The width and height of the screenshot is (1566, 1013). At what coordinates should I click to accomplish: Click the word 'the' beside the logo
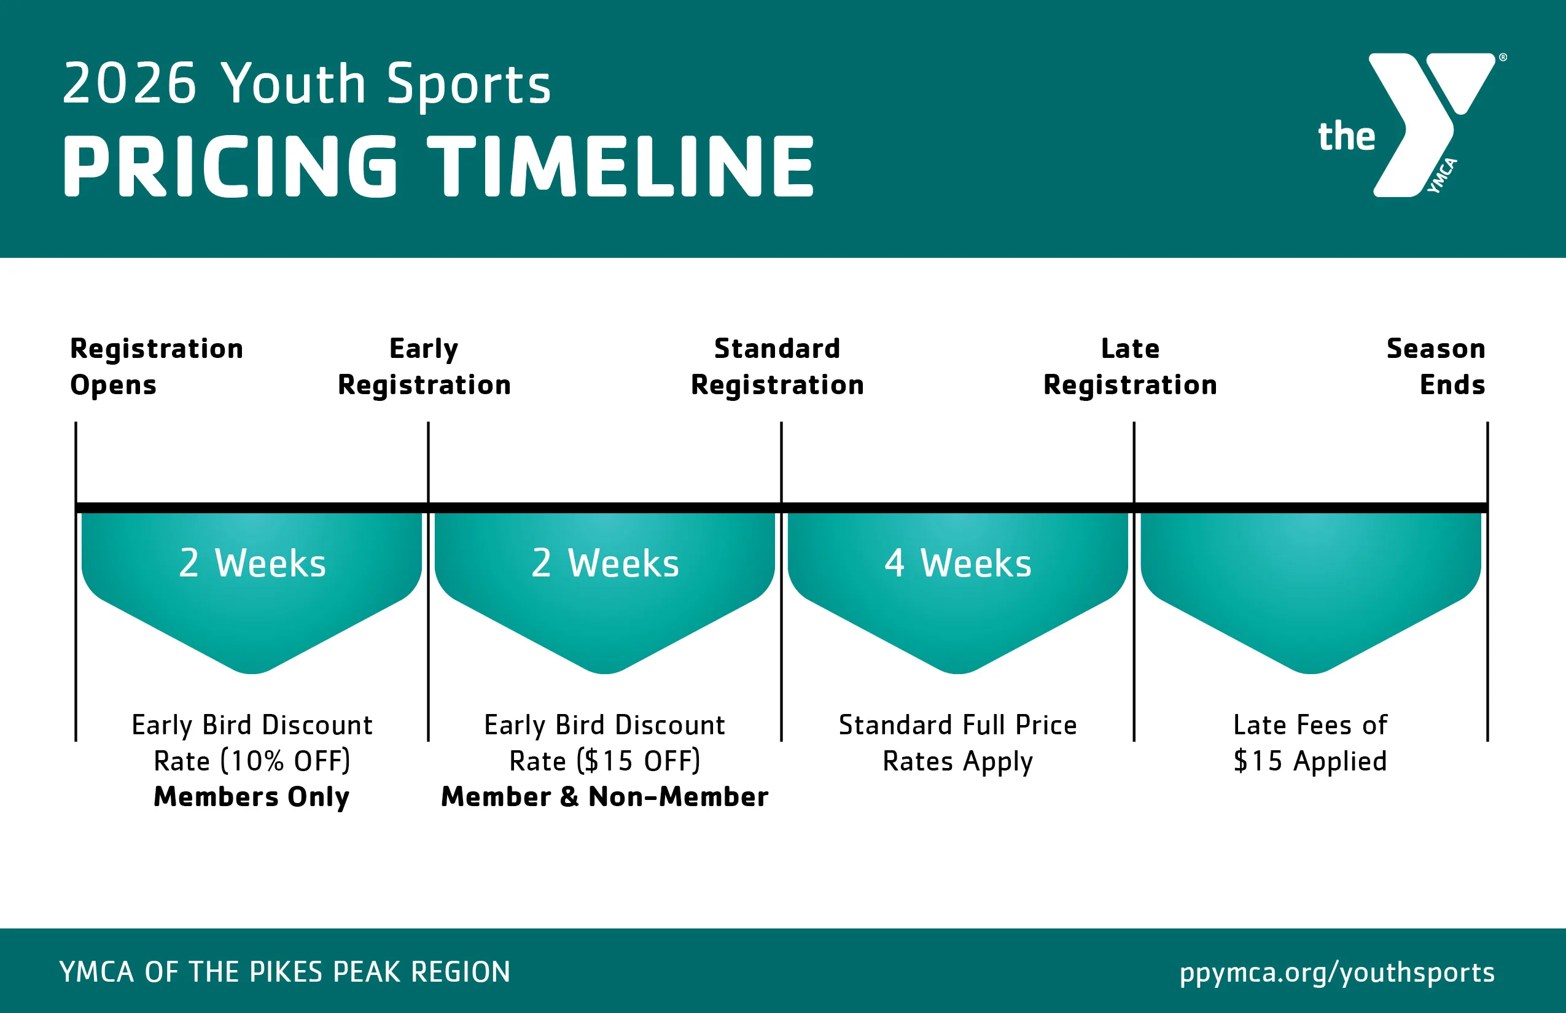coord(1346,136)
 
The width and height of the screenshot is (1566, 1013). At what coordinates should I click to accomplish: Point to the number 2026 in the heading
coord(130,83)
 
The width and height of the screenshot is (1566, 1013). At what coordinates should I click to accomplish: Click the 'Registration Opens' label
coord(157,367)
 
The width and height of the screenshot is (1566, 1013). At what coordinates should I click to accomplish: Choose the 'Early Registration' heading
coord(424,367)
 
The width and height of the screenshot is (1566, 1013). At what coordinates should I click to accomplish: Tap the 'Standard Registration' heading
coord(777,367)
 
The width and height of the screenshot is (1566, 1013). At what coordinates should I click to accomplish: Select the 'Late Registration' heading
coord(1130,367)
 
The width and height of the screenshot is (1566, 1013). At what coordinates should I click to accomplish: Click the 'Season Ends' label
coord(1436,367)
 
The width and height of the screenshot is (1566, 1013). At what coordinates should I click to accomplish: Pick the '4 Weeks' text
coord(958,564)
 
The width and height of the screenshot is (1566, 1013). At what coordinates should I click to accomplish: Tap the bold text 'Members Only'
coord(251,798)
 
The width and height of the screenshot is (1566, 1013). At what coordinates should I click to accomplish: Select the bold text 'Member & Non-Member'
coord(605,797)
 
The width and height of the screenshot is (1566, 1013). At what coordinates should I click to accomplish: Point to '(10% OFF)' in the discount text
coord(285,761)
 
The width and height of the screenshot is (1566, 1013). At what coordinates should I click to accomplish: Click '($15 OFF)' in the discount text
coord(638,761)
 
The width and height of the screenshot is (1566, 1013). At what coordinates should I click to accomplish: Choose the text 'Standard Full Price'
coord(958,725)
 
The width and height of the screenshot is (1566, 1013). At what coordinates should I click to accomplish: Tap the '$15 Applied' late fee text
coord(1310,761)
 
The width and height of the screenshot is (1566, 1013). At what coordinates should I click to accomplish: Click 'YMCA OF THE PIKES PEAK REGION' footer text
coord(285,971)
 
